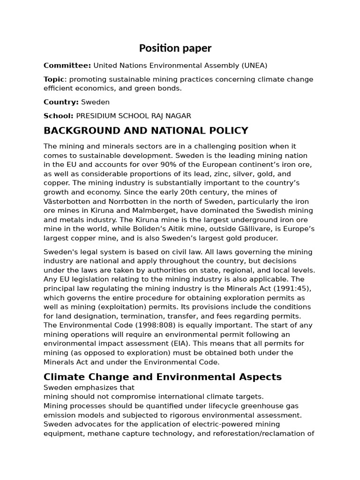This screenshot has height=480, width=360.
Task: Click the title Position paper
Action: [x=175, y=48]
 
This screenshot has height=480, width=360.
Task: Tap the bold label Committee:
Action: [x=67, y=66]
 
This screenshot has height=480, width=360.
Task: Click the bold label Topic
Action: [x=53, y=79]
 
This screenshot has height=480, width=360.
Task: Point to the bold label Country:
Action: [x=61, y=102]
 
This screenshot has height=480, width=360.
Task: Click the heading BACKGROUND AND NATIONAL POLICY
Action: [x=146, y=131]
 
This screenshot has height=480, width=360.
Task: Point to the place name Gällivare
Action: [x=277, y=229]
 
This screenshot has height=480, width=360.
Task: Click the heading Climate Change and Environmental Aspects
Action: [x=163, y=376]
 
